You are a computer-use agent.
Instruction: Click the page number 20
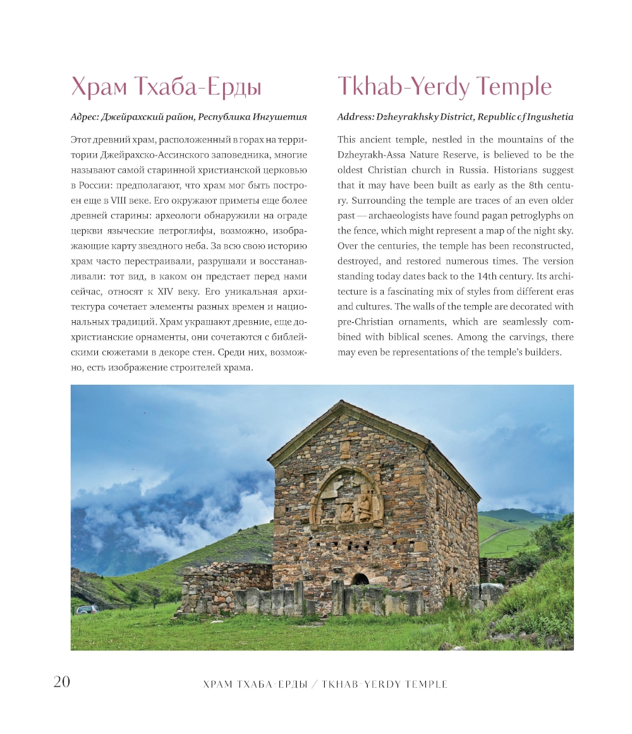62,681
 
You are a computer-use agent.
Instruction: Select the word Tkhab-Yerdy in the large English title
404,87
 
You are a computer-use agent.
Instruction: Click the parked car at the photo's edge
87,609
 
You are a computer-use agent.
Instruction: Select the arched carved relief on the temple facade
346,499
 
